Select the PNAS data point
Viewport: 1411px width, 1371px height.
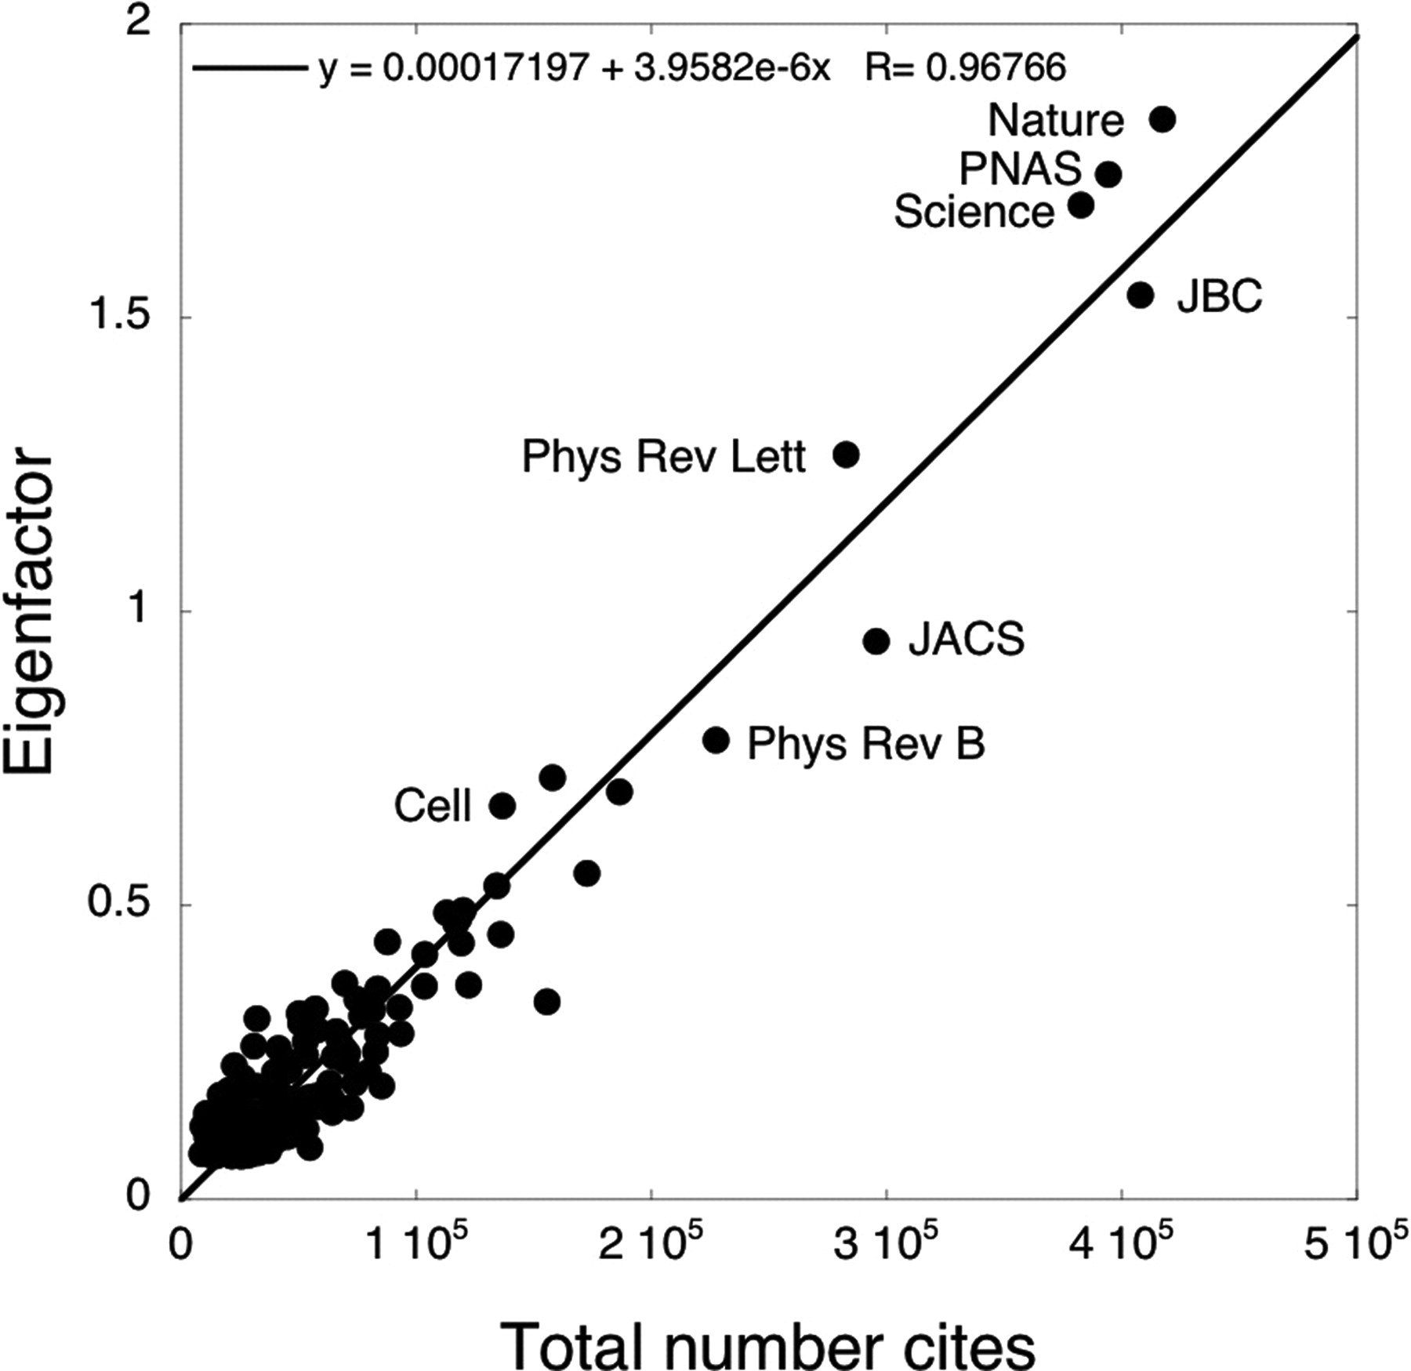(x=1108, y=174)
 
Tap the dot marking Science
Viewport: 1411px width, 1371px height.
(x=1081, y=205)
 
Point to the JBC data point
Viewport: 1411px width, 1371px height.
(x=1141, y=295)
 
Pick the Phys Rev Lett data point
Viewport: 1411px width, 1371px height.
(x=846, y=455)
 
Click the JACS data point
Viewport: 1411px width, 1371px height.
(x=876, y=641)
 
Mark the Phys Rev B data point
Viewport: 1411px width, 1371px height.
(x=716, y=740)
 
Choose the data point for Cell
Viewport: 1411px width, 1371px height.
(x=502, y=806)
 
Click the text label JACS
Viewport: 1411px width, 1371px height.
(x=966, y=640)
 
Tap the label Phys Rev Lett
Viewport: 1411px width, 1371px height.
(x=663, y=457)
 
